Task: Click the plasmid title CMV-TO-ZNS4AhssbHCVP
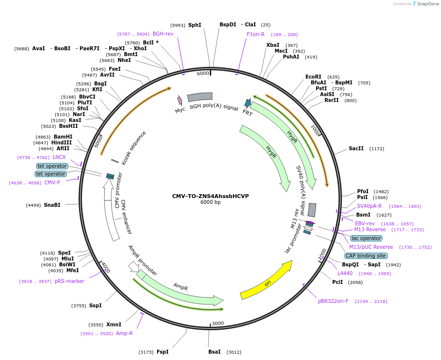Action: coord(210,196)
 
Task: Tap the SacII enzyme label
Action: coord(356,148)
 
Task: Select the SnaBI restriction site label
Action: coord(52,205)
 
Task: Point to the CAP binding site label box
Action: coord(366,256)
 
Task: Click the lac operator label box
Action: coord(366,238)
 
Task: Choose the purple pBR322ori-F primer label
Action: coord(333,301)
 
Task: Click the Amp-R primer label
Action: coord(124,333)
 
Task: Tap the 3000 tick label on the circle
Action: coord(218,323)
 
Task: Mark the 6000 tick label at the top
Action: coord(203,73)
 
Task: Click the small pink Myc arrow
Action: coord(180,100)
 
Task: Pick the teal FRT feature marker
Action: coord(248,103)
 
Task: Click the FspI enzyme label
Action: coord(162,352)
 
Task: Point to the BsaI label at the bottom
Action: coord(215,352)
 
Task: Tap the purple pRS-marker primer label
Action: coord(69,281)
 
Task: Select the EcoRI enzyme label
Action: coord(313,77)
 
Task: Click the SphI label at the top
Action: coord(195,25)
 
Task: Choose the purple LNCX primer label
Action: coord(59,157)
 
